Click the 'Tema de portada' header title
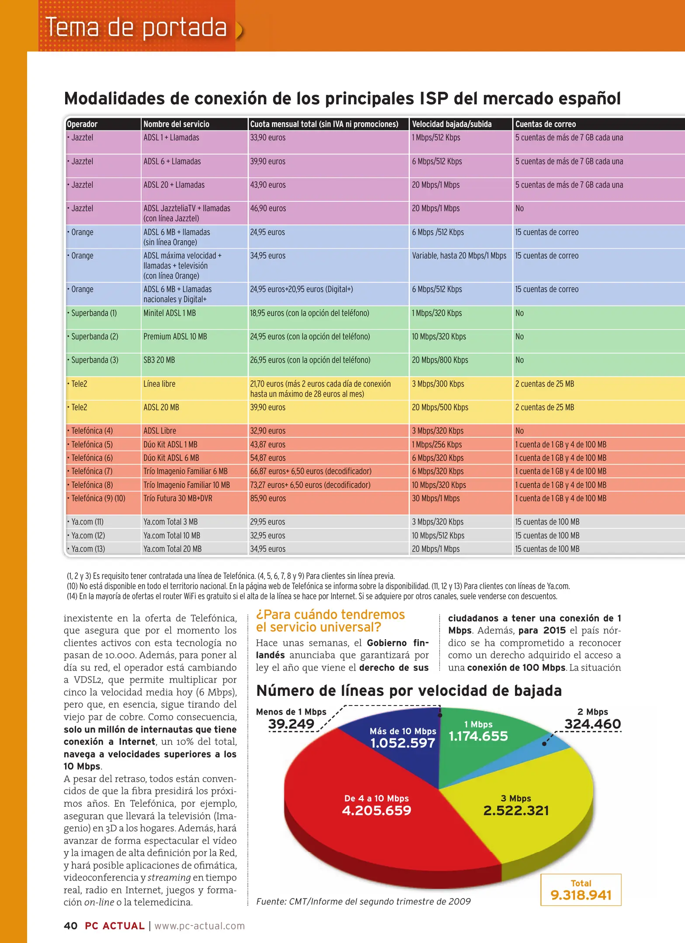(136, 28)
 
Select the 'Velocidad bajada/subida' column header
(451, 124)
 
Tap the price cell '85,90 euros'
(268, 499)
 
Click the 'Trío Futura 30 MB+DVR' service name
(178, 499)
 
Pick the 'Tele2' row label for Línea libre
(79, 384)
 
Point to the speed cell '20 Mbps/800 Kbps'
(439, 360)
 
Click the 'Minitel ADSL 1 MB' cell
(170, 313)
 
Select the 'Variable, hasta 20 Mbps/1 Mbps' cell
(459, 256)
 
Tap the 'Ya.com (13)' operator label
(88, 549)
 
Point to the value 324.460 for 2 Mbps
(592, 724)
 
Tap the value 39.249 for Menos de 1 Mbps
(291, 724)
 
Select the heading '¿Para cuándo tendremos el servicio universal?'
(330, 621)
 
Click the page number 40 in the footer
(70, 926)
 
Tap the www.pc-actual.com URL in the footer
(200, 926)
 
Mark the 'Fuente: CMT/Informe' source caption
(363, 902)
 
